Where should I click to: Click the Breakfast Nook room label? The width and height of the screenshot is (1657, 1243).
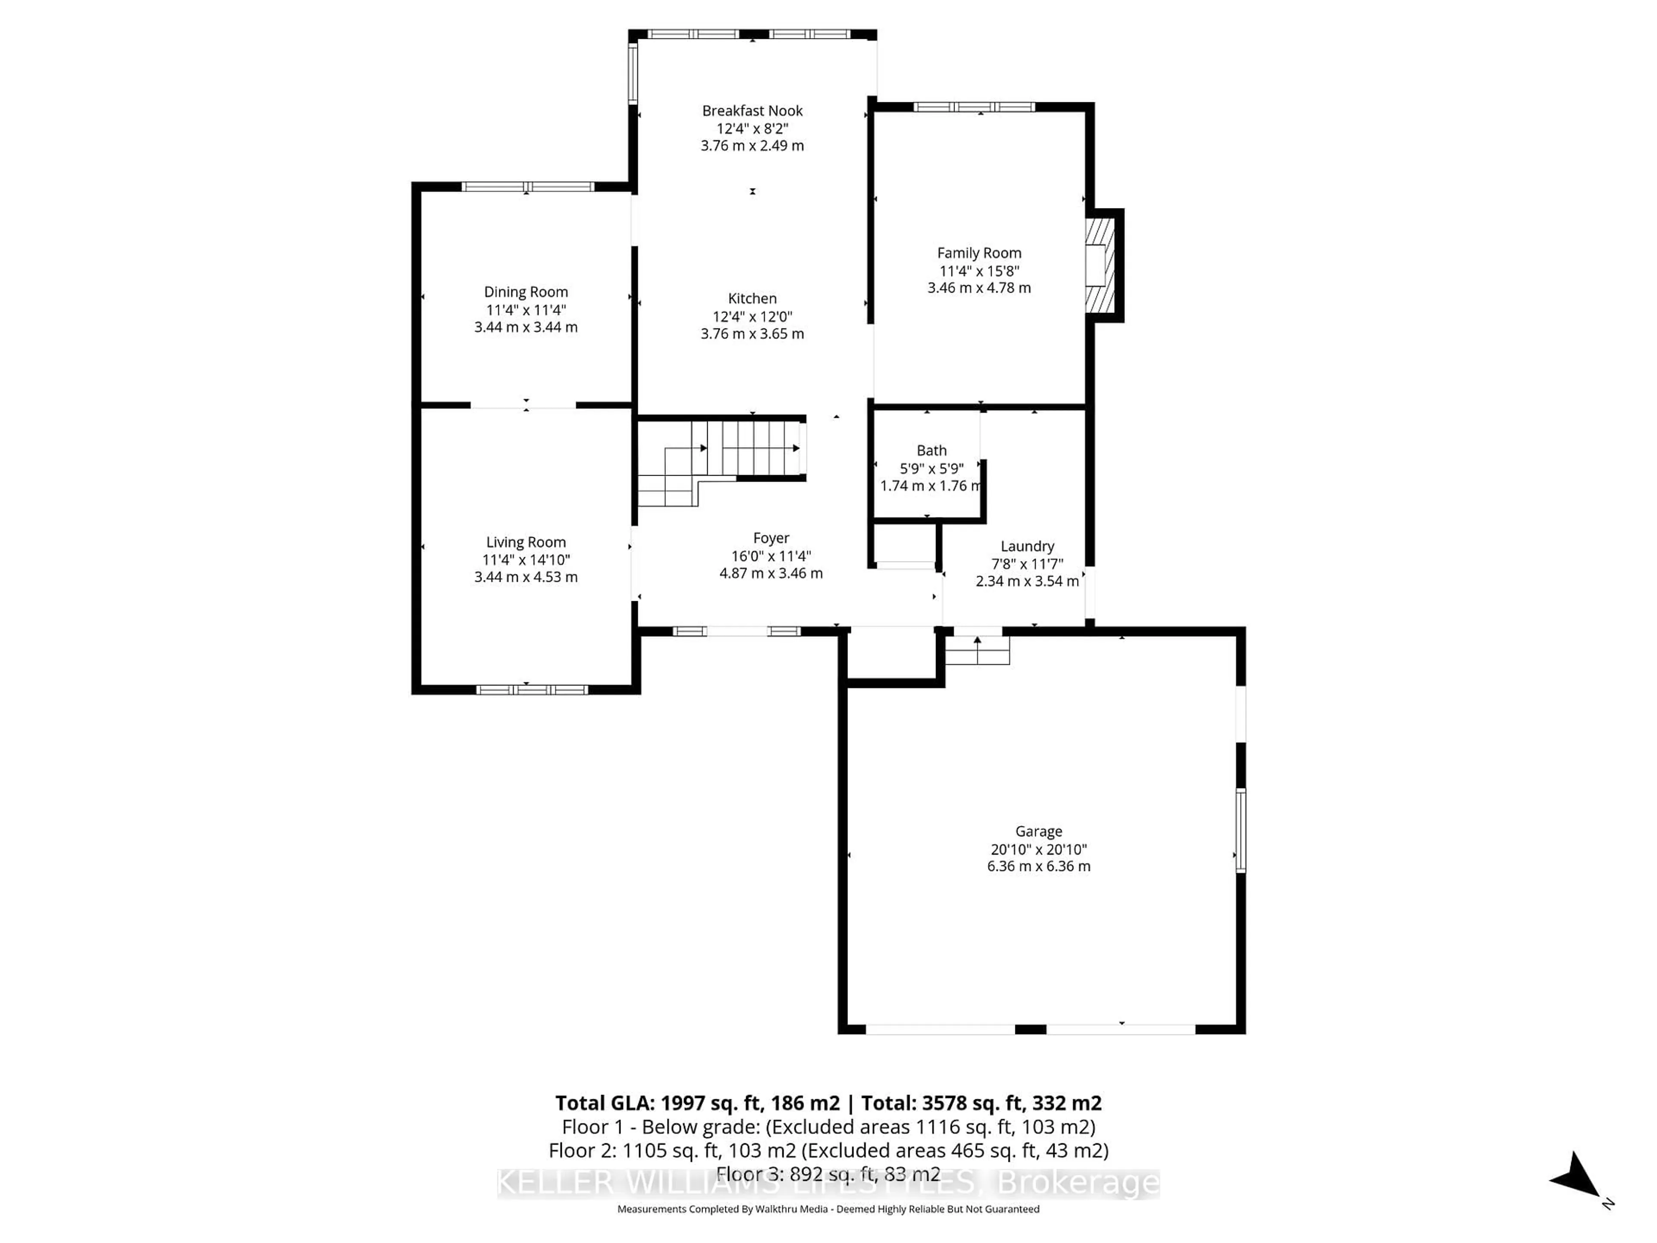(752, 111)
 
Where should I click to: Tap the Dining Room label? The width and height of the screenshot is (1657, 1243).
(526, 292)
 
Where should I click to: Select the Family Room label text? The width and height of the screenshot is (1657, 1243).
(979, 253)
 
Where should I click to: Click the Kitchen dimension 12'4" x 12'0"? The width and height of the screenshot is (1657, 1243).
(752, 316)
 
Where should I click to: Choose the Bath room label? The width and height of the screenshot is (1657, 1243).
(931, 450)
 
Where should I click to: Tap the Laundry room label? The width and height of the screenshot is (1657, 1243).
(1027, 546)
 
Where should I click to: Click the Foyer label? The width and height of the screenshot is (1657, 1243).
(771, 538)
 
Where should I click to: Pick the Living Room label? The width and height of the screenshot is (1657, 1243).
(526, 542)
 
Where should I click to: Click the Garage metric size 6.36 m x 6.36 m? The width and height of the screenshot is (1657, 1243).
(1038, 866)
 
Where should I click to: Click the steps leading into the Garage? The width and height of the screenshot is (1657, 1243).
(977, 650)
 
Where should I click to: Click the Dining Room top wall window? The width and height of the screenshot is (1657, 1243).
(527, 186)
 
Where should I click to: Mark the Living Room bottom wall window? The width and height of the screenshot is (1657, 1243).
(532, 689)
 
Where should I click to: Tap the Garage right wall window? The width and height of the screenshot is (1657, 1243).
(1241, 830)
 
